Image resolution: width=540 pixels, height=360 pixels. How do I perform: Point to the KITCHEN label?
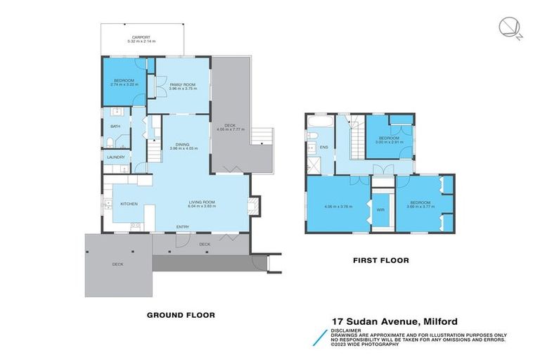(129, 204)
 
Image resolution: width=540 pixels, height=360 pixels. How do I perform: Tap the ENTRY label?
(183, 226)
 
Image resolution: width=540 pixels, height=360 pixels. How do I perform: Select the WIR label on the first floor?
(380, 209)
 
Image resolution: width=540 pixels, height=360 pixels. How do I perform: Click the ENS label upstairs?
(324, 147)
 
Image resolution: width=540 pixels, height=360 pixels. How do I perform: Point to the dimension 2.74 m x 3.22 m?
(124, 84)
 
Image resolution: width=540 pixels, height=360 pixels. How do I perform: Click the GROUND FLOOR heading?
(181, 314)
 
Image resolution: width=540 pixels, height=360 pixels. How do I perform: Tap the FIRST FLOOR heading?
(380, 260)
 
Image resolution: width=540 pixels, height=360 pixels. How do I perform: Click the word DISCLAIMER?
(347, 330)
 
